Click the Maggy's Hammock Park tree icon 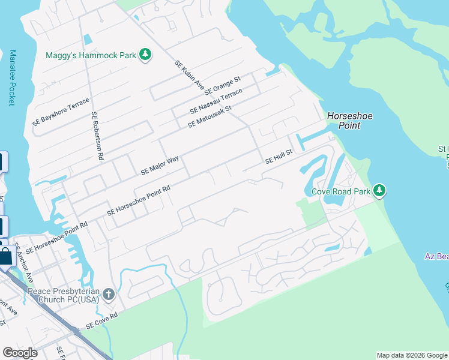pyautogui.click(x=145, y=55)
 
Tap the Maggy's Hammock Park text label pyautogui.click(x=91, y=56)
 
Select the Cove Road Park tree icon pyautogui.click(x=379, y=191)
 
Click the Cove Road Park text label pyautogui.click(x=340, y=192)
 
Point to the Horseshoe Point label pyautogui.click(x=344, y=121)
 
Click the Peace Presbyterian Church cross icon pyautogui.click(x=108, y=294)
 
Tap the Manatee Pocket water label pyautogui.click(x=11, y=78)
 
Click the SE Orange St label pyautogui.click(x=223, y=86)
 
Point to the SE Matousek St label pyautogui.click(x=209, y=116)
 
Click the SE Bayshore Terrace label pyautogui.click(x=61, y=111)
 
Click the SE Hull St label pyautogui.click(x=279, y=157)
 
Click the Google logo pyautogui.click(x=20, y=353)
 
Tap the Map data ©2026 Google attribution pyautogui.click(x=411, y=355)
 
